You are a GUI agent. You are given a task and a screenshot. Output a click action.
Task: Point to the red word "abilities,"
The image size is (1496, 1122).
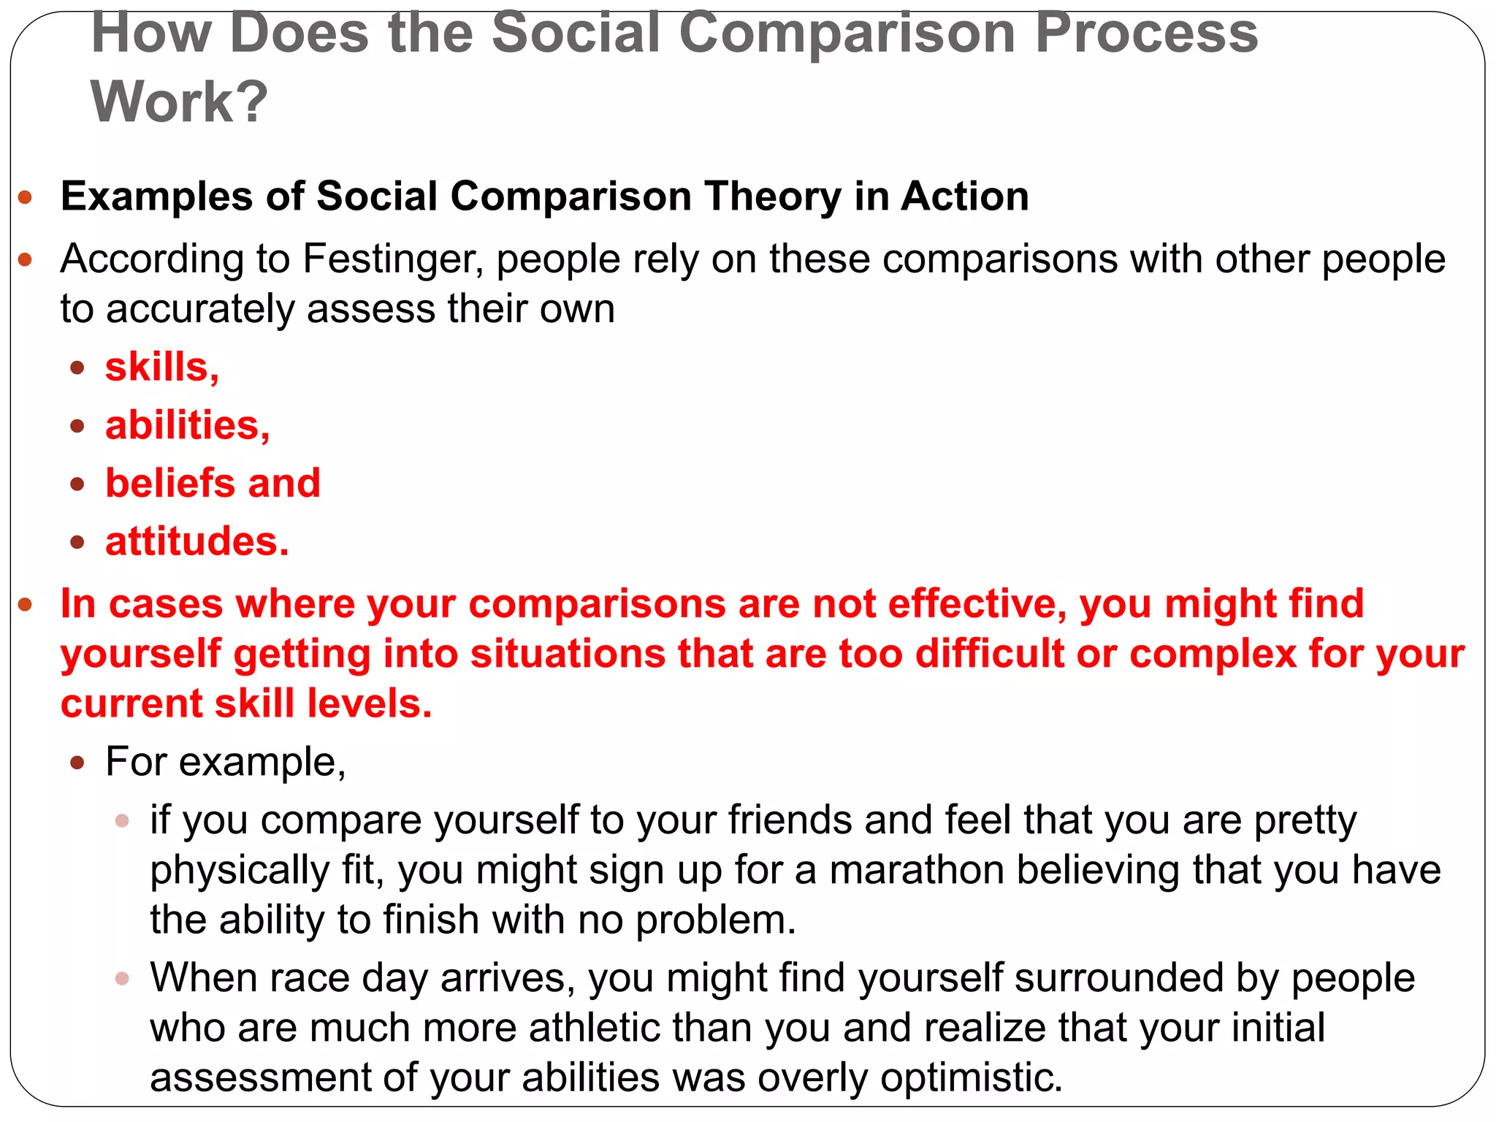point(188,425)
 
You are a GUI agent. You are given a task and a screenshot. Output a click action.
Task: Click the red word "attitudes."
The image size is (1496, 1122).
point(197,541)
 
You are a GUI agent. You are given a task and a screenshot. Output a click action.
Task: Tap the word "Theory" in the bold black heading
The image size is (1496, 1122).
point(774,196)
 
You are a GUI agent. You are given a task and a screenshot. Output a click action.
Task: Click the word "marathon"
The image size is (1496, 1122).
point(916,870)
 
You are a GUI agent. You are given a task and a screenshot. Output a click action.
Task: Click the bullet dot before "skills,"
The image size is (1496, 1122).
point(78,367)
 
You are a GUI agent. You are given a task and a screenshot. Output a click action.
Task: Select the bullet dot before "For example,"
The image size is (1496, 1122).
point(78,763)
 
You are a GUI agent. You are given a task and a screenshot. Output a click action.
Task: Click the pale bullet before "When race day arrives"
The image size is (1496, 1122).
point(122,979)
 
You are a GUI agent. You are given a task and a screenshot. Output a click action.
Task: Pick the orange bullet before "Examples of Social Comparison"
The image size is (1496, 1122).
point(26,197)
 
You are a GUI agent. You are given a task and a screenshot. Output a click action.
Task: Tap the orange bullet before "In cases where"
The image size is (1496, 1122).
point(26,605)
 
